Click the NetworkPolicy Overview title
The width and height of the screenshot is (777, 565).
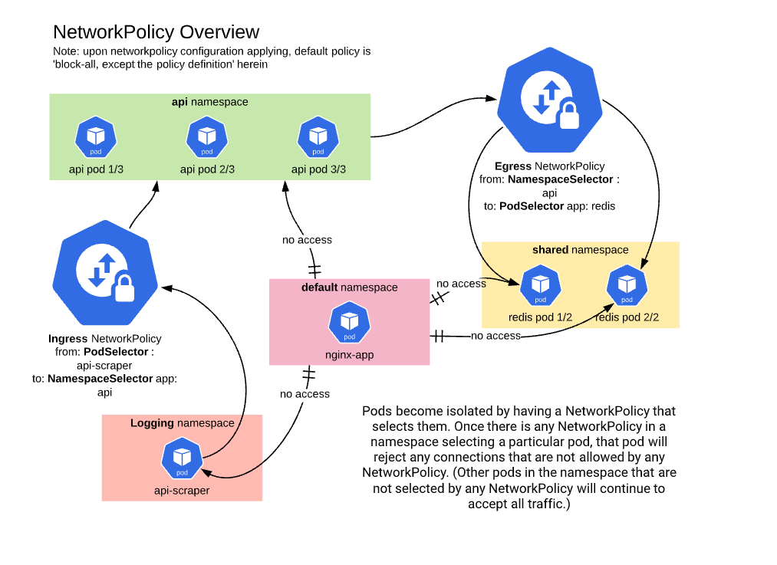(x=156, y=32)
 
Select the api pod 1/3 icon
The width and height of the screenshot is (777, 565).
(x=96, y=137)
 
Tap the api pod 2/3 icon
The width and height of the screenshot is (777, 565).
(x=207, y=137)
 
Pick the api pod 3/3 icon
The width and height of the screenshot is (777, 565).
(x=318, y=137)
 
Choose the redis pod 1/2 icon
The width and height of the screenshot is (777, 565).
(x=540, y=285)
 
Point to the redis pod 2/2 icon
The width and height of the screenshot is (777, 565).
(x=627, y=285)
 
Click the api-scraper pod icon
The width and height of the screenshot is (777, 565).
(x=182, y=458)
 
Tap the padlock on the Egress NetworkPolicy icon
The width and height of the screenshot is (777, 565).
(x=568, y=115)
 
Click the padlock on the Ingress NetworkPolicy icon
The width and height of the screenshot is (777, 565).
(x=123, y=288)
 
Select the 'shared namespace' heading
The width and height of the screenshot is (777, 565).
(x=580, y=250)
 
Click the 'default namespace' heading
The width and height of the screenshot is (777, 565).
(x=349, y=287)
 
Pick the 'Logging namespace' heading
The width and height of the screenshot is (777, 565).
(x=182, y=423)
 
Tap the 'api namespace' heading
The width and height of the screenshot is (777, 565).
(x=209, y=101)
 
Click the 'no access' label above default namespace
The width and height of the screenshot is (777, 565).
(x=307, y=240)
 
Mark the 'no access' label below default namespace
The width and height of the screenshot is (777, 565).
(x=305, y=394)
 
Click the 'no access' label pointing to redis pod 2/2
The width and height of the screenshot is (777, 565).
(x=496, y=336)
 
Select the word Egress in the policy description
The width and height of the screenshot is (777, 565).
(x=513, y=166)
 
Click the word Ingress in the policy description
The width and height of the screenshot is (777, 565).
(x=67, y=339)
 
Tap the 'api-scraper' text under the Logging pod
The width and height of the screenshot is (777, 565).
(x=182, y=491)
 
